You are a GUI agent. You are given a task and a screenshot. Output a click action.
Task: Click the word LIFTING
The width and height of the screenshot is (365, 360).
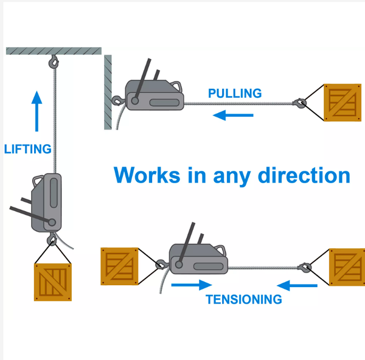[27, 148]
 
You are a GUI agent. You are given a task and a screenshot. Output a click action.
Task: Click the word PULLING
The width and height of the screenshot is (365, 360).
[235, 93]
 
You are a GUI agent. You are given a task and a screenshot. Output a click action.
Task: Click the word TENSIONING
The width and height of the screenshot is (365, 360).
[243, 299]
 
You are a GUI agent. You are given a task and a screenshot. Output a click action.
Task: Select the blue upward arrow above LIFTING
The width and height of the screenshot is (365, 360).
[38, 111]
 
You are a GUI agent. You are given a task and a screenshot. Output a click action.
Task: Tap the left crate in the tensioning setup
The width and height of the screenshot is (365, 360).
[121, 266]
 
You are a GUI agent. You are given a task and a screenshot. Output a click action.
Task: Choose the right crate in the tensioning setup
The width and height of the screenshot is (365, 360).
[347, 266]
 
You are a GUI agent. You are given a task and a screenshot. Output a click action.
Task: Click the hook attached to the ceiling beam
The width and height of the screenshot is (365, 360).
[54, 61]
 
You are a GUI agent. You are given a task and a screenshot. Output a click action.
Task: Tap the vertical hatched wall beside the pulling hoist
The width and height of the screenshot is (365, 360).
[108, 91]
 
